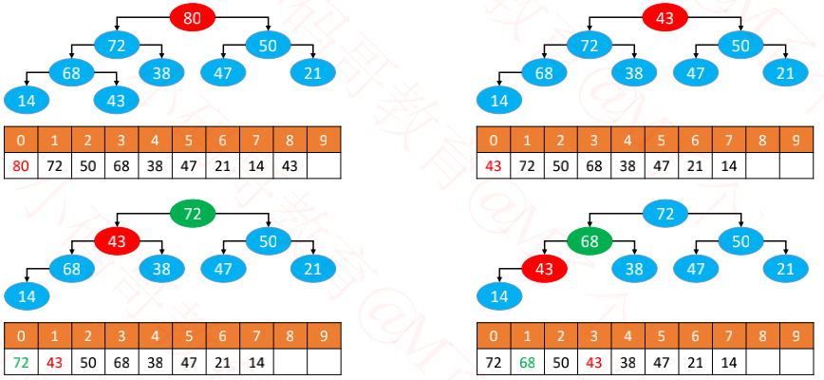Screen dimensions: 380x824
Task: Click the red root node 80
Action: click(x=193, y=17)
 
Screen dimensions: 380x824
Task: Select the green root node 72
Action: click(x=193, y=214)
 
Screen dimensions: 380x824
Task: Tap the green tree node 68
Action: click(x=590, y=241)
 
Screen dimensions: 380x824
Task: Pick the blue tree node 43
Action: click(x=116, y=99)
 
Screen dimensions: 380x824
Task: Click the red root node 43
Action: click(x=665, y=17)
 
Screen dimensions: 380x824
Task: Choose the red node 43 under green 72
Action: click(x=117, y=241)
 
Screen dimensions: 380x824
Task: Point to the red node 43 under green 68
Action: click(x=544, y=269)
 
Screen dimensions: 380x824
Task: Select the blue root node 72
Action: click(x=665, y=214)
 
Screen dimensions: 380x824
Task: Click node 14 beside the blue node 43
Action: click(x=27, y=99)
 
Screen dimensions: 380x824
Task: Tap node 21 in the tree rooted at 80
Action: click(x=313, y=71)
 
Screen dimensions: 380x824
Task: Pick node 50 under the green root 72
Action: click(x=269, y=241)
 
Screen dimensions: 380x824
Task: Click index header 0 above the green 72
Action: click(x=20, y=336)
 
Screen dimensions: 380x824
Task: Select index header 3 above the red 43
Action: click(x=594, y=336)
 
